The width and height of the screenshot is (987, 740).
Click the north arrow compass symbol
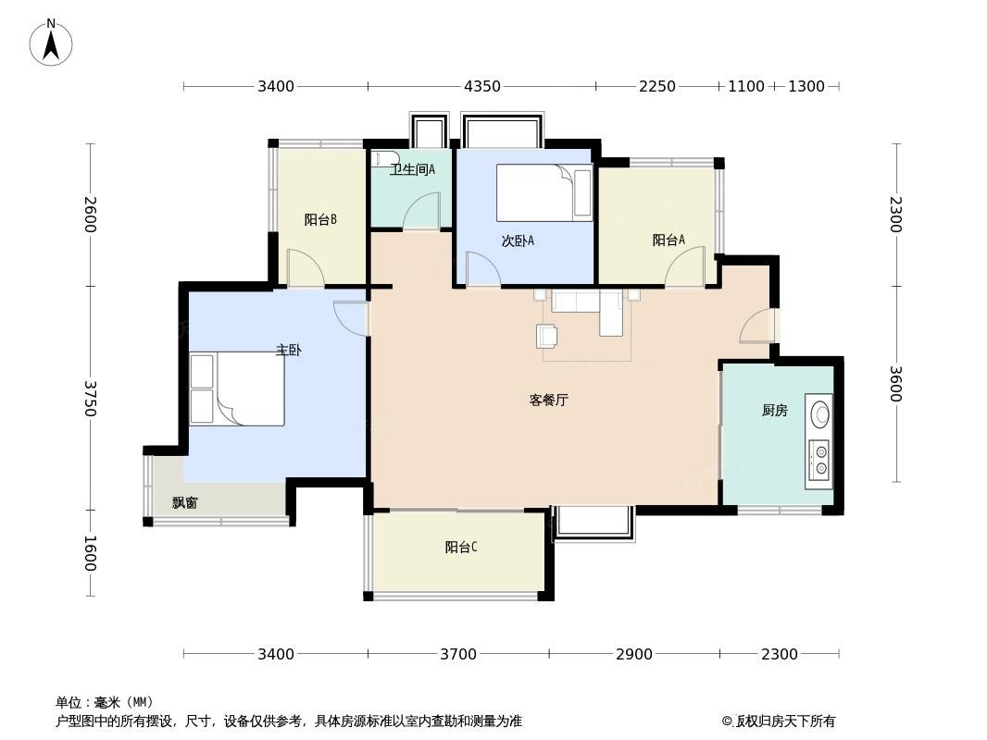click(51, 43)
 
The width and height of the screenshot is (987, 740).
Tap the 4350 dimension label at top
click(482, 86)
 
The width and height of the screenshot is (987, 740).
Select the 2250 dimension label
click(657, 86)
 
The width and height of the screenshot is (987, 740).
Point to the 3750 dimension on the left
click(90, 398)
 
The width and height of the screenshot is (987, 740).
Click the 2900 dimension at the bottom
click(634, 655)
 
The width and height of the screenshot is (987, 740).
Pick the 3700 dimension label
click(458, 655)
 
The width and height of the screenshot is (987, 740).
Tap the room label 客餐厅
click(548, 400)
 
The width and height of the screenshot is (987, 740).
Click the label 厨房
click(774, 411)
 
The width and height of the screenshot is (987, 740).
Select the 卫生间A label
click(412, 170)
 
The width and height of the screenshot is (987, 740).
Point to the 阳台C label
click(461, 547)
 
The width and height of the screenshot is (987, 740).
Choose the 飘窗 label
click(185, 502)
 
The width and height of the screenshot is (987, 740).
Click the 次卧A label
click(518, 240)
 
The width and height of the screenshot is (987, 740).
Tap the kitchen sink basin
click(820, 413)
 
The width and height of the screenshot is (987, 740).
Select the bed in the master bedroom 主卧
click(237, 388)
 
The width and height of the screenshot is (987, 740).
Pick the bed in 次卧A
click(544, 192)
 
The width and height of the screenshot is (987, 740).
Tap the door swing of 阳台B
click(306, 267)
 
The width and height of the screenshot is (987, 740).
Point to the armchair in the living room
click(545, 336)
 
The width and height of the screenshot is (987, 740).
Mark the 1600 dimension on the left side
click(90, 553)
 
